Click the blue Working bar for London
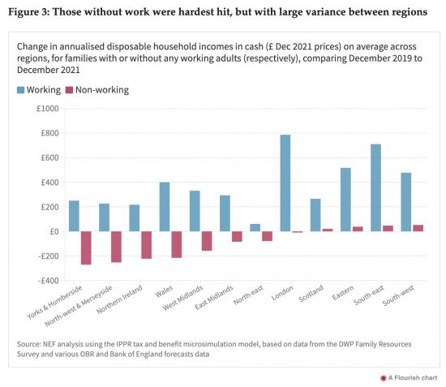click(285, 183)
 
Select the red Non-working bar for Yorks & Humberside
click(86, 247)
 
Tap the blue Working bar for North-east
click(255, 228)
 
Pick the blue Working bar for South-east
click(375, 187)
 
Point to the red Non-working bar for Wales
click(177, 245)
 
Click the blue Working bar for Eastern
click(345, 200)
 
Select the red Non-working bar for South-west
click(418, 228)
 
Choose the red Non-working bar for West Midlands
click(207, 241)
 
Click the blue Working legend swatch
click(21, 90)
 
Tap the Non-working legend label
click(102, 90)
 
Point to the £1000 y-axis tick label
click(48, 109)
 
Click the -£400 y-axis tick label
click(49, 281)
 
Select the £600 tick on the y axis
click(49, 157)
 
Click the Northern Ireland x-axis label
click(120, 299)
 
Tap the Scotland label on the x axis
click(311, 293)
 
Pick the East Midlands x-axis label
click(214, 298)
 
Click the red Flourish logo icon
click(383, 378)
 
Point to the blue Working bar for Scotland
click(315, 215)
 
